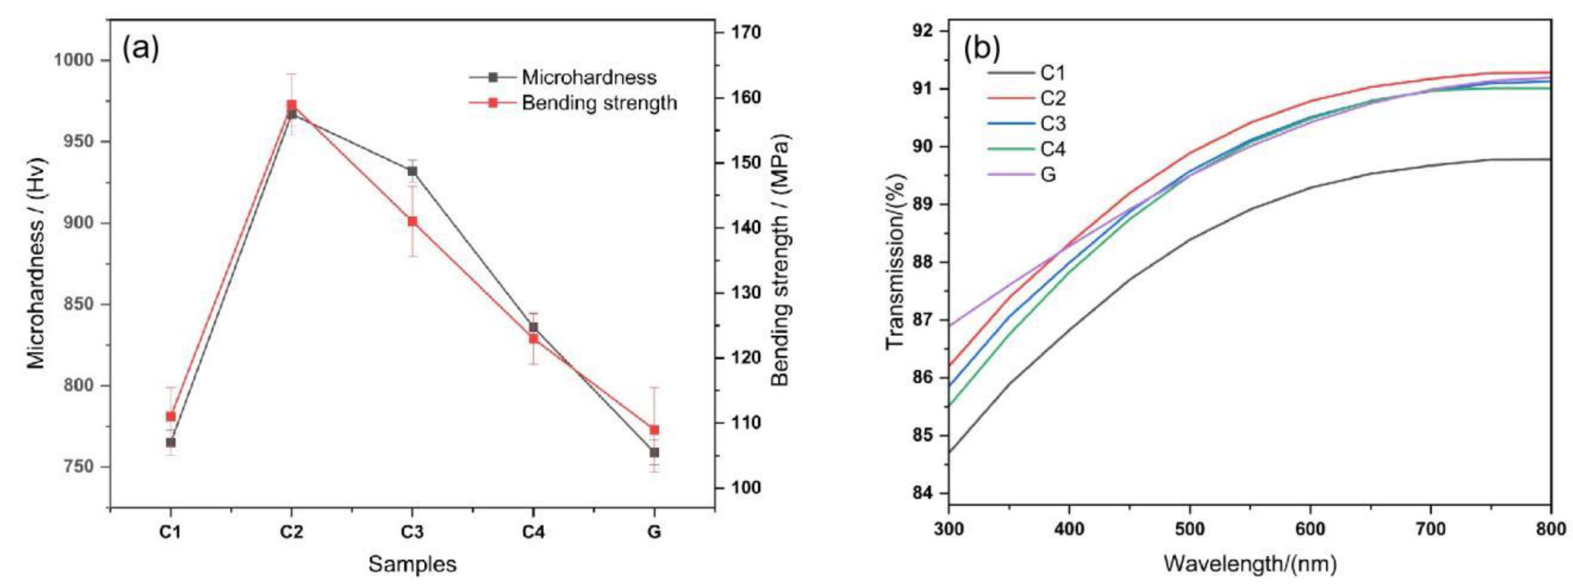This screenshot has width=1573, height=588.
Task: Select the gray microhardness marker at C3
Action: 412,171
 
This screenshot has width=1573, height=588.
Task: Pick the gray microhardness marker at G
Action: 654,453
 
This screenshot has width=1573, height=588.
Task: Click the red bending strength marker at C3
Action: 412,221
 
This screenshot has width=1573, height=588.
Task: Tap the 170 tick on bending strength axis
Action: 742,32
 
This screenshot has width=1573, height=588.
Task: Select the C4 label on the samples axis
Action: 533,533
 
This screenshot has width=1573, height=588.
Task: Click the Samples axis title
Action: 412,564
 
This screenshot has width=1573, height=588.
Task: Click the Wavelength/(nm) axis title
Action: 1249,563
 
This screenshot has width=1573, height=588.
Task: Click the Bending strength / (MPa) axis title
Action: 780,259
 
